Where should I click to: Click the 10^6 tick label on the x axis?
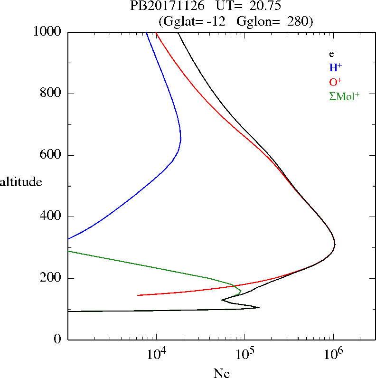point(334,354)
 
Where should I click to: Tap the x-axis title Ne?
point(221,373)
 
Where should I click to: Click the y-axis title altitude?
point(21,182)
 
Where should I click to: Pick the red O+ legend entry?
point(335,82)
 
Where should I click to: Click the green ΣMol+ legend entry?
point(344,96)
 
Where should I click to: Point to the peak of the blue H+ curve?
point(181,139)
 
